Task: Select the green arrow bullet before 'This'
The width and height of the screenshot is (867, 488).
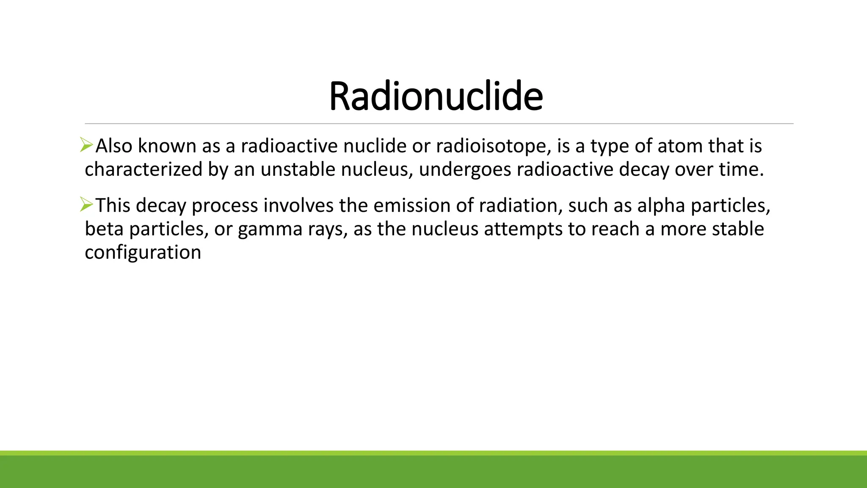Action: [86, 205]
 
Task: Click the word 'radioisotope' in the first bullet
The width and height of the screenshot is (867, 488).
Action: [493, 146]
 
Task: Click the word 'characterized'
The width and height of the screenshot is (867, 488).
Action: [144, 169]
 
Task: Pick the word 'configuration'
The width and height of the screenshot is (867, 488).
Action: [143, 253]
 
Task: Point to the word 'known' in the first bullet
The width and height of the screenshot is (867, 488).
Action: [167, 146]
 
